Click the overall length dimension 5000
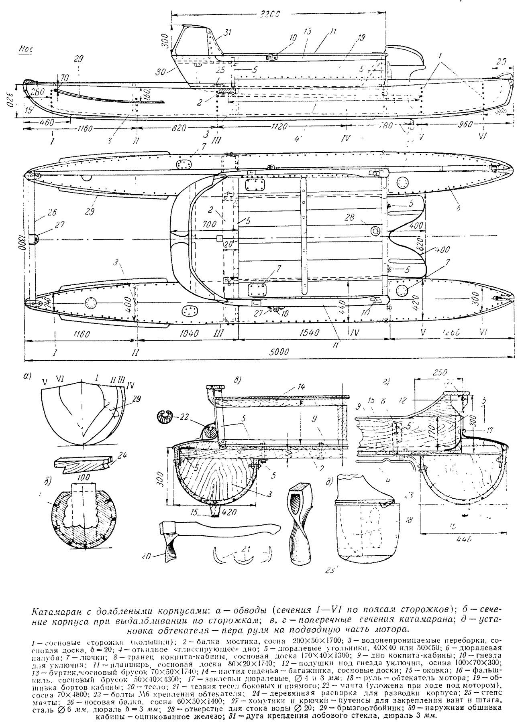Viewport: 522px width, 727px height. [279, 352]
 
